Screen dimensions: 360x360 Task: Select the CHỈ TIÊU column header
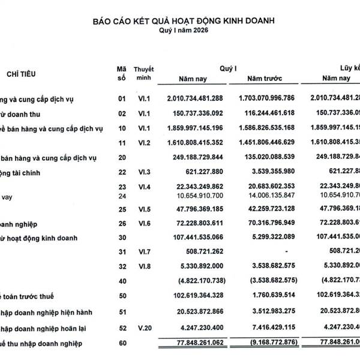click(x=22, y=74)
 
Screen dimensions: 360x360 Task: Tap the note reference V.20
click(x=144, y=328)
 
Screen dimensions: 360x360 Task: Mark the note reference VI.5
click(x=144, y=209)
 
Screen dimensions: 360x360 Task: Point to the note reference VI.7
click(x=144, y=252)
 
